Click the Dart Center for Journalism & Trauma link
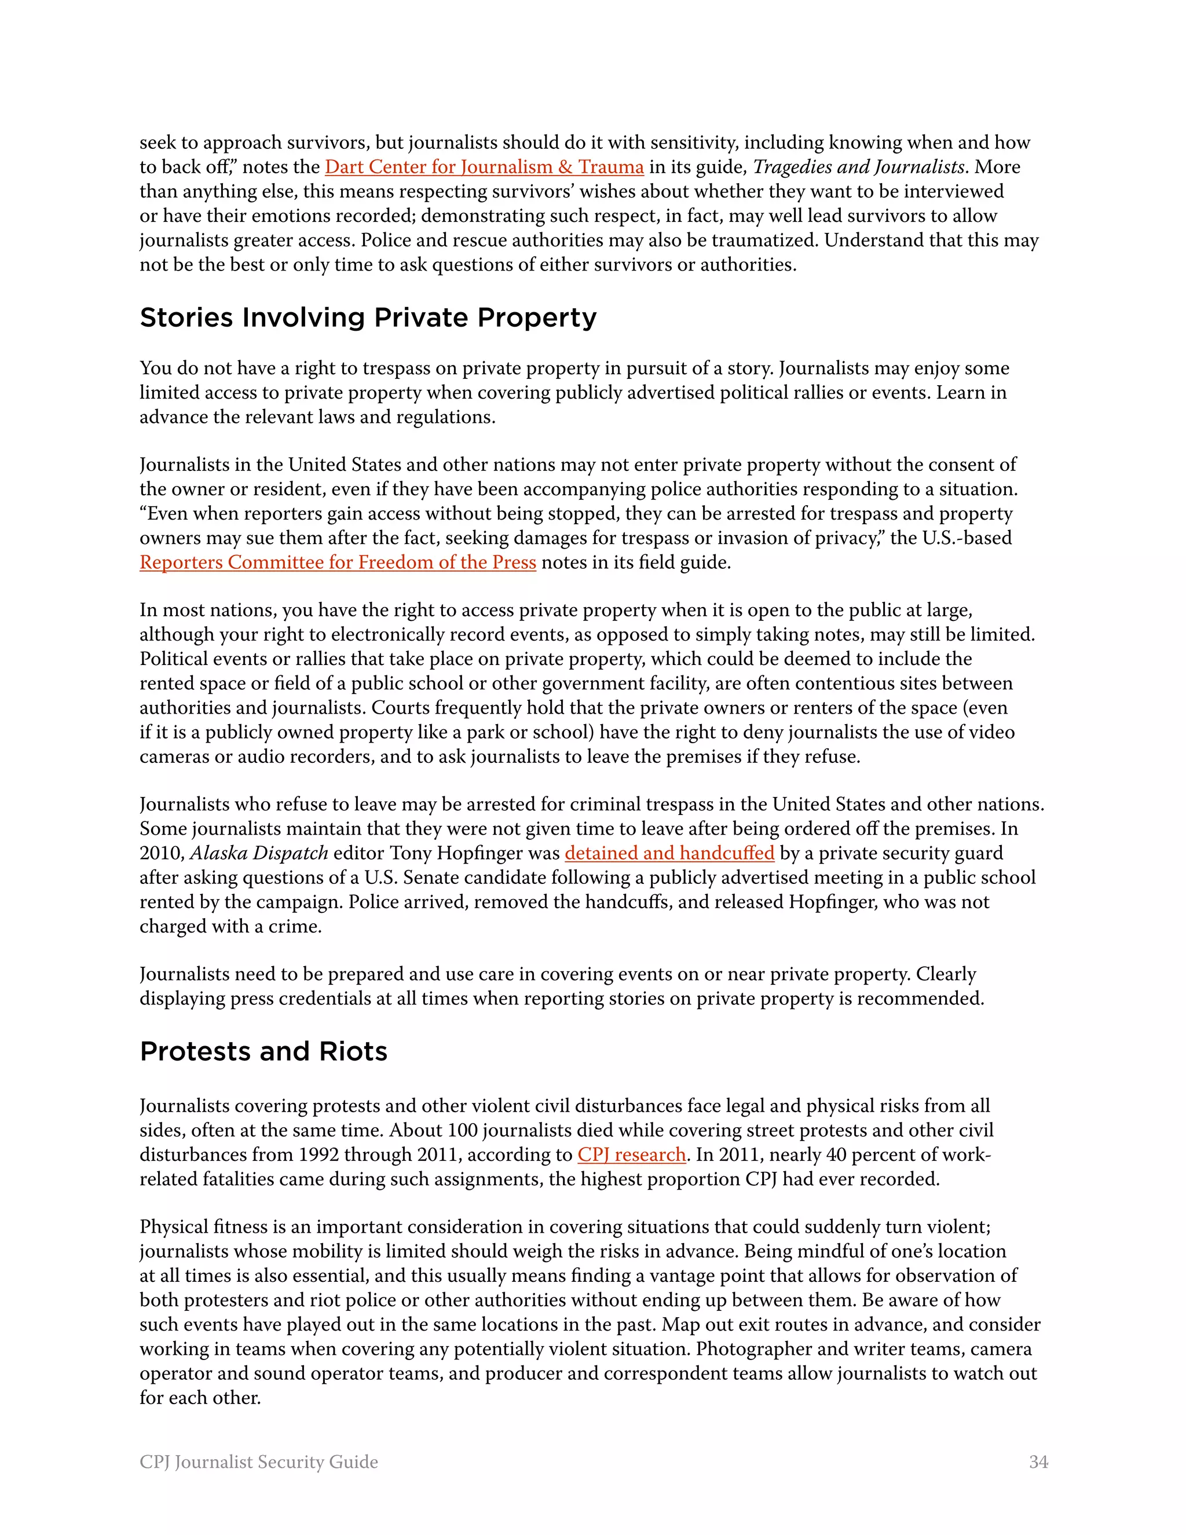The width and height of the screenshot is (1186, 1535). (x=484, y=167)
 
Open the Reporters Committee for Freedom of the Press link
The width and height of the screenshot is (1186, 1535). (x=338, y=563)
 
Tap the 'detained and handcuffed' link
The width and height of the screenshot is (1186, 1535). (x=669, y=853)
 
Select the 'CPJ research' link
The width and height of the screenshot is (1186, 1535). (x=632, y=1155)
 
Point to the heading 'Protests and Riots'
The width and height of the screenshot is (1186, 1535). (x=263, y=1052)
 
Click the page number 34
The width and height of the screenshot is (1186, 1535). (x=1038, y=1462)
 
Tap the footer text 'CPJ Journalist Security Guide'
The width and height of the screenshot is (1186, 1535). (x=258, y=1462)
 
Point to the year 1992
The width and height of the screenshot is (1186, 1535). (x=321, y=1155)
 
